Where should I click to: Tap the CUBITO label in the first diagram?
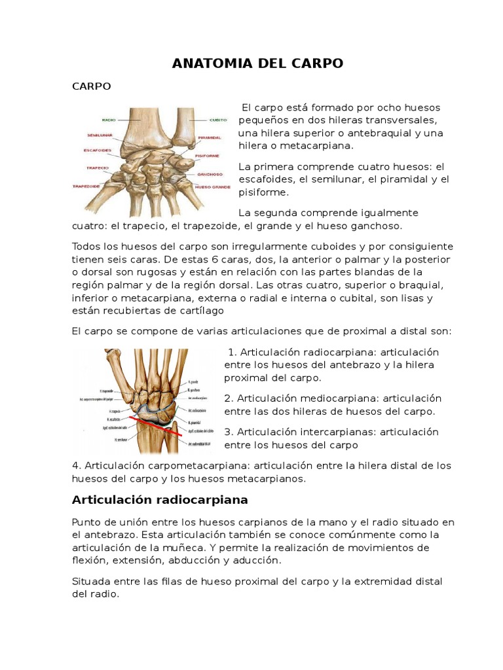(218, 120)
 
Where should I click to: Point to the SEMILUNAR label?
(100, 136)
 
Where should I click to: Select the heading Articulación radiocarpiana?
(159, 500)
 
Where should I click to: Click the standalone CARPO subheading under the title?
(91, 86)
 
